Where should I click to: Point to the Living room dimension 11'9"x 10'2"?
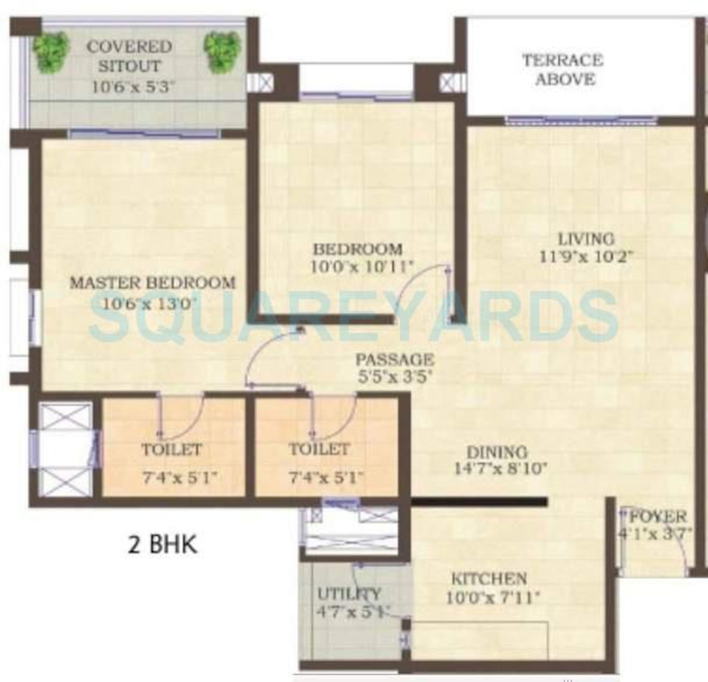(586, 257)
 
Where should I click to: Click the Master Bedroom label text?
(152, 283)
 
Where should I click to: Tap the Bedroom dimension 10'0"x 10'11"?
(361, 267)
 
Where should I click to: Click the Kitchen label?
(489, 579)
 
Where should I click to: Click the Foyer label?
(657, 517)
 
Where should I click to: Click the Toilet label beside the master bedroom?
(172, 450)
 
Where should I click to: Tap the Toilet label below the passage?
(319, 450)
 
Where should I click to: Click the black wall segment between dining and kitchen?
(479, 502)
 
